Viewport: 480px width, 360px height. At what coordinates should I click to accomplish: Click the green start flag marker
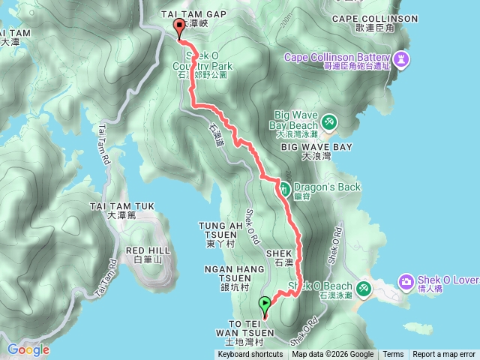click(265, 304)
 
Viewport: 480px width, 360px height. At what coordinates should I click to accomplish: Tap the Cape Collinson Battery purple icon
click(401, 58)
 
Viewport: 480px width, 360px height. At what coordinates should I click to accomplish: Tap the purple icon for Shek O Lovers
click(406, 281)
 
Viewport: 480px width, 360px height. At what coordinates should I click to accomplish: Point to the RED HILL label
click(145, 250)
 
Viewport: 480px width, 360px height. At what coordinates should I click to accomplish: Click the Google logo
click(28, 349)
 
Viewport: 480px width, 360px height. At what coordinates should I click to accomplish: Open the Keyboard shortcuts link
click(250, 355)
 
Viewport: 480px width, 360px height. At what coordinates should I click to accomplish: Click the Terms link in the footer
click(393, 355)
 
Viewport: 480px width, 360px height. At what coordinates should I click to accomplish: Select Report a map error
click(444, 355)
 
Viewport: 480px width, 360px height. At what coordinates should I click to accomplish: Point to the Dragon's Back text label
click(327, 187)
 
